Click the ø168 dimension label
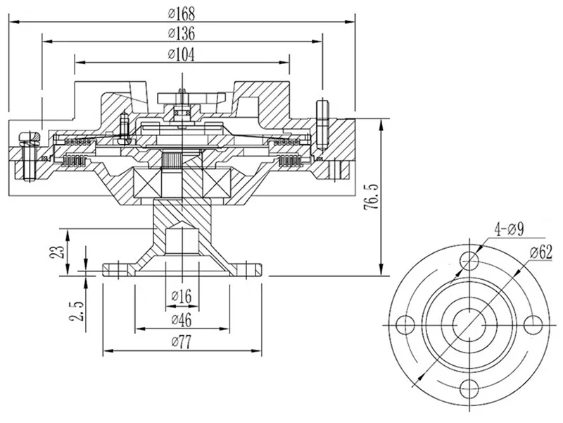tap(182, 13)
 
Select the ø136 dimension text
tap(182, 33)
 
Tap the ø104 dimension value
tap(182, 54)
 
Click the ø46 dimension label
tap(182, 320)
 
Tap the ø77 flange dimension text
tap(182, 343)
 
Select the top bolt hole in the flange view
tap(469, 262)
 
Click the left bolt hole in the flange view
tap(405, 326)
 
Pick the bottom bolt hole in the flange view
tap(469, 389)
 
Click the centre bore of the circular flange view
tap(469, 326)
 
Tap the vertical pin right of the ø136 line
tap(324, 123)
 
